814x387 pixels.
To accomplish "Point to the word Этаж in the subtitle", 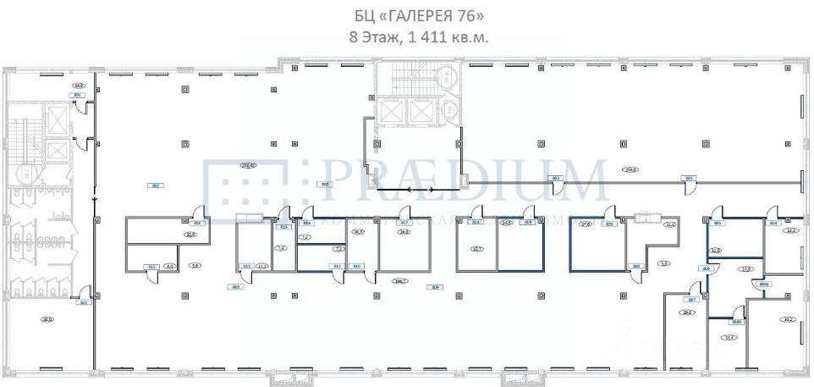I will click(x=376, y=36).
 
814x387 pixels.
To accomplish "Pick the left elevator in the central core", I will click(x=391, y=111).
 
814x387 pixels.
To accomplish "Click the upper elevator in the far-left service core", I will click(x=57, y=121).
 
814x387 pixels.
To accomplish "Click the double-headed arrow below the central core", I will click(x=421, y=190).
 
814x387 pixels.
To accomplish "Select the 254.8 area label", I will click(x=630, y=169).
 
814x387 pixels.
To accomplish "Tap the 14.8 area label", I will click(x=78, y=86).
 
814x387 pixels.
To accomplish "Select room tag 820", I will click(x=608, y=224).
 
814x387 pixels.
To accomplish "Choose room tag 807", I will click(x=690, y=300).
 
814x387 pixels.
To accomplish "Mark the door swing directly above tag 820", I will click(x=608, y=212).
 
